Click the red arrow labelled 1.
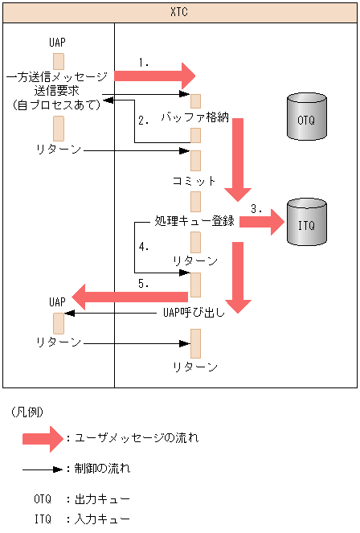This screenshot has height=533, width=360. point(155,76)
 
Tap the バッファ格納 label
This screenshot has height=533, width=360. point(195,117)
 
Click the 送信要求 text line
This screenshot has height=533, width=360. point(56,90)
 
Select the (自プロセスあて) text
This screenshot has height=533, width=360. point(55,104)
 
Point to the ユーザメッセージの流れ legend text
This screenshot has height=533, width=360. point(136,438)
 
